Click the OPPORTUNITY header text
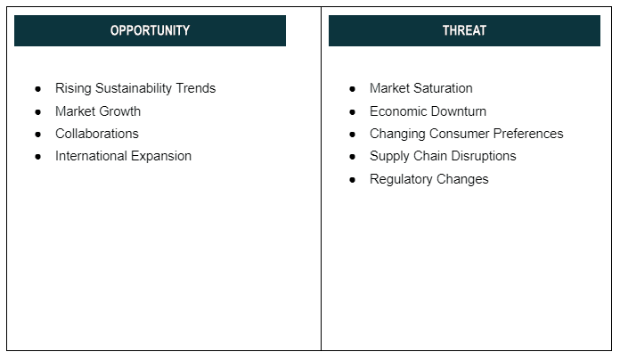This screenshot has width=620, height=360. pyautogui.click(x=150, y=30)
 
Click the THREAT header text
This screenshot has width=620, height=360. pyautogui.click(x=464, y=30)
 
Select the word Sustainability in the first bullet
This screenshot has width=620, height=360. pyautogui.click(x=134, y=88)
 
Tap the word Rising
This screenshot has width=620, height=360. pyautogui.click(x=74, y=88)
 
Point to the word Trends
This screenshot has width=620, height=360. pyautogui.click(x=196, y=88)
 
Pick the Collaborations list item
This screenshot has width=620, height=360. pyautogui.click(x=97, y=134)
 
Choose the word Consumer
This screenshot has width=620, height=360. pyautogui.click(x=460, y=134)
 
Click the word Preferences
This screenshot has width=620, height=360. pyautogui.click(x=528, y=134)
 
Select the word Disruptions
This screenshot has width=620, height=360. pyautogui.click(x=484, y=157)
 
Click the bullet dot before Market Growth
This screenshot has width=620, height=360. pyautogui.click(x=38, y=112)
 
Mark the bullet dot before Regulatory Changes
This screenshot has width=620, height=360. pyautogui.click(x=352, y=180)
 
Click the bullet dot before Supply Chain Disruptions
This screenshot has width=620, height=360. pyautogui.click(x=352, y=157)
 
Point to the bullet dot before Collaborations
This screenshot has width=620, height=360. pyautogui.click(x=38, y=135)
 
